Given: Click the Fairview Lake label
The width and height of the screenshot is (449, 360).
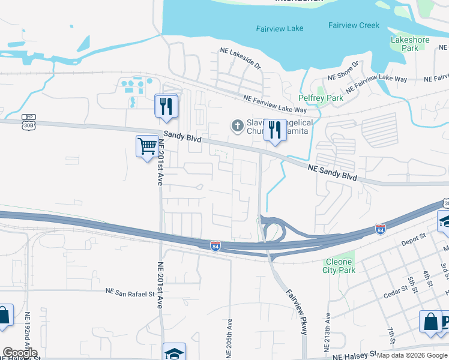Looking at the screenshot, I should coord(279,28).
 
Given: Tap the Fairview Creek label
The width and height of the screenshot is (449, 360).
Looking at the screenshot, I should coord(354,25).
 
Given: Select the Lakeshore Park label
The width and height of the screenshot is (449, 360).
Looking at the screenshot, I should coord(409,44).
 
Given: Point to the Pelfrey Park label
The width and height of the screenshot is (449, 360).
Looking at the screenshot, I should coord(321,98).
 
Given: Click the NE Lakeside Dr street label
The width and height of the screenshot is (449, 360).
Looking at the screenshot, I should coord(241,58).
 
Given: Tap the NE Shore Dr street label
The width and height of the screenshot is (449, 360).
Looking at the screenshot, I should coord(343,71).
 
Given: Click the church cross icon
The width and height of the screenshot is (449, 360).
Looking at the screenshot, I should coord(237,126).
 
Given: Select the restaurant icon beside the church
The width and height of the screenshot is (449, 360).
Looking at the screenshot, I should coord(276,130).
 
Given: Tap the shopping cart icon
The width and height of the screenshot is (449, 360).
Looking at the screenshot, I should coord(147,146).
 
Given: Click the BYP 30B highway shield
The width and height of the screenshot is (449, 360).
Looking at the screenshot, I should coord(28,121).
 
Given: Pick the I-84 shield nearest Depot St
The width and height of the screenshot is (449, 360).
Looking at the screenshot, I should coord(380,229).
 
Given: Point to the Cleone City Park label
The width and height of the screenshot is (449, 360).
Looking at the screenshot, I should coord(340,266).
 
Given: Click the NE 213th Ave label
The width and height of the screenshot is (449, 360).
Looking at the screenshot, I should coord(328,333).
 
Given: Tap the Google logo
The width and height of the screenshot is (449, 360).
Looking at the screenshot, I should coord(20,353).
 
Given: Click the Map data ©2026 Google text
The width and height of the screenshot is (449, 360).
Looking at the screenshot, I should coord(411,355).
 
